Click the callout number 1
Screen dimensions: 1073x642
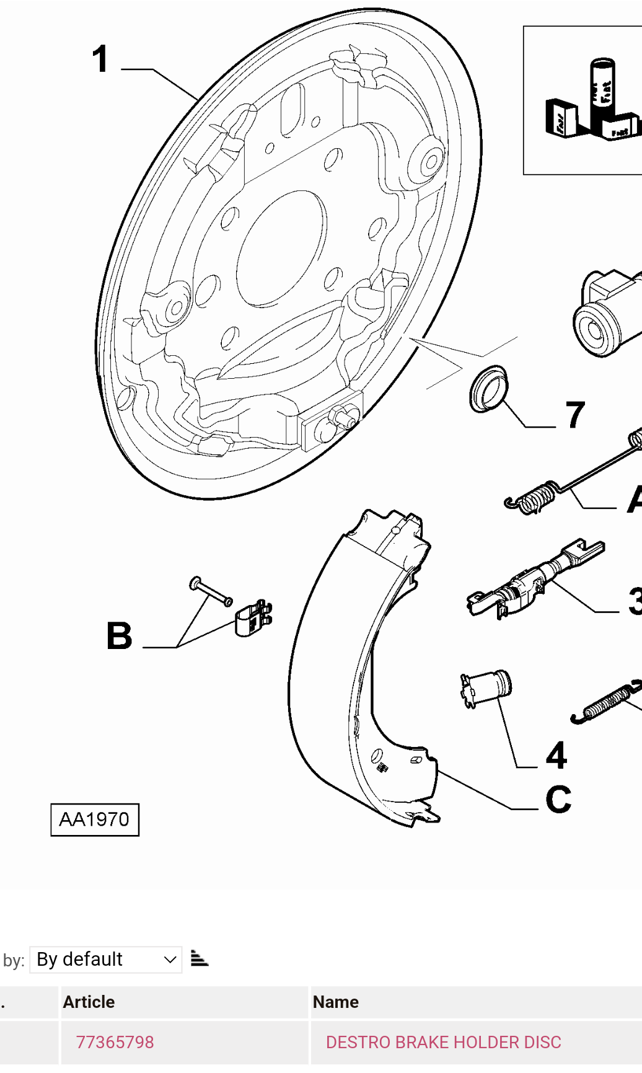coord(100,60)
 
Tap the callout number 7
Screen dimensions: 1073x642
coord(575,415)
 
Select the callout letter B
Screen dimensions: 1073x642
coord(120,636)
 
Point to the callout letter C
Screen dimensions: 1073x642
coord(558,800)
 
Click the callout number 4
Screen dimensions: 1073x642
coord(556,756)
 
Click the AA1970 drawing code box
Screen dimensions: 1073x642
coord(95,819)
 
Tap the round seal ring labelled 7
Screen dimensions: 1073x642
coord(488,389)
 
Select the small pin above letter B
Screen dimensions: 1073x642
coord(211,592)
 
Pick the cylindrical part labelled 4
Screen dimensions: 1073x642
coord(488,687)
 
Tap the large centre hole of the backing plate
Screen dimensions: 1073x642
coord(281,248)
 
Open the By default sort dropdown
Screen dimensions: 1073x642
coord(106,960)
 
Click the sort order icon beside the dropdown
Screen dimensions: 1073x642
coord(199,959)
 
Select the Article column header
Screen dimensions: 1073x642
coord(89,1002)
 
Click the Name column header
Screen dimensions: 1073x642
coord(336,1002)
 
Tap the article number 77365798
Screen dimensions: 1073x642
coord(115,1042)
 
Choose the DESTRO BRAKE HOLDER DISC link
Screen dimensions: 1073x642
coord(443,1042)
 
